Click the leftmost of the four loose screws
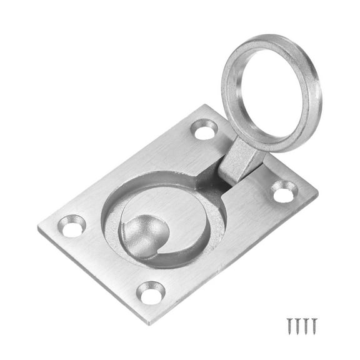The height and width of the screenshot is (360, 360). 290,325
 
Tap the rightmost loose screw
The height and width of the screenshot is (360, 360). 315,325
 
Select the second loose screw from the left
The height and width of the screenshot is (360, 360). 298,325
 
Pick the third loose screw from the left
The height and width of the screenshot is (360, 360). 306,325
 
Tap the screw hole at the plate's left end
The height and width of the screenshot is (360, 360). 72,225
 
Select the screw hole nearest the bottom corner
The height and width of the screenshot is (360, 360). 151,292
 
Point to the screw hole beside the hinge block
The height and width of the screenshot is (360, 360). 284,192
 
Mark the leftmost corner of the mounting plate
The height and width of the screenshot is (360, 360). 39,229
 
